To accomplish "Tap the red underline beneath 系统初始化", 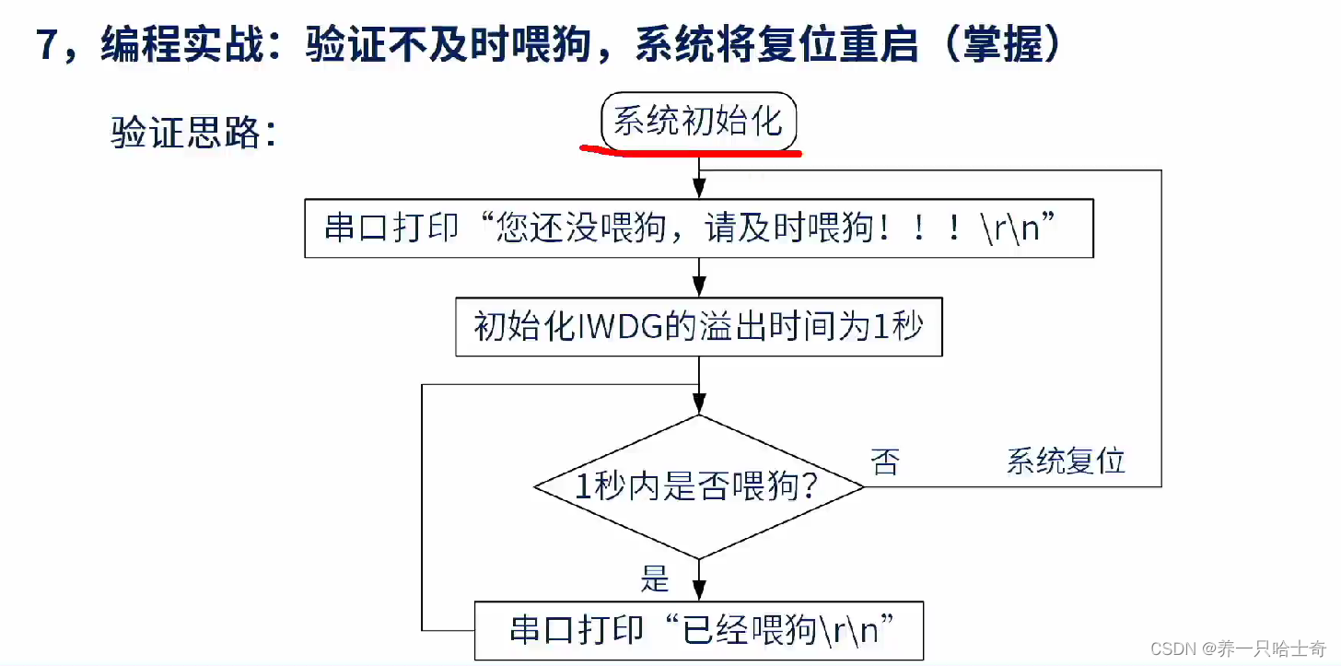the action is (x=691, y=152).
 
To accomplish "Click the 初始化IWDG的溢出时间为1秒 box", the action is (x=698, y=326).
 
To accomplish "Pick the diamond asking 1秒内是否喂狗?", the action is (x=698, y=487).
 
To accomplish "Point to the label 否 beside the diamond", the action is (x=885, y=461).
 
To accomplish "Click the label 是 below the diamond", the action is (x=655, y=580).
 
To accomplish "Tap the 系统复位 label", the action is (x=1066, y=461).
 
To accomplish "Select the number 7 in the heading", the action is (x=48, y=46).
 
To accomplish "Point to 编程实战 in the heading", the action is (x=181, y=46).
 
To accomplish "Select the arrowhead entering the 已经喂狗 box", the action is (x=699, y=590).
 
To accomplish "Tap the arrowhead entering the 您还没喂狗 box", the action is (x=699, y=190).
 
